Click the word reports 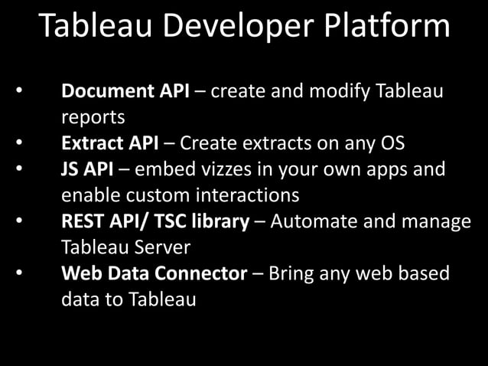93,118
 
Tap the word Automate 310,222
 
